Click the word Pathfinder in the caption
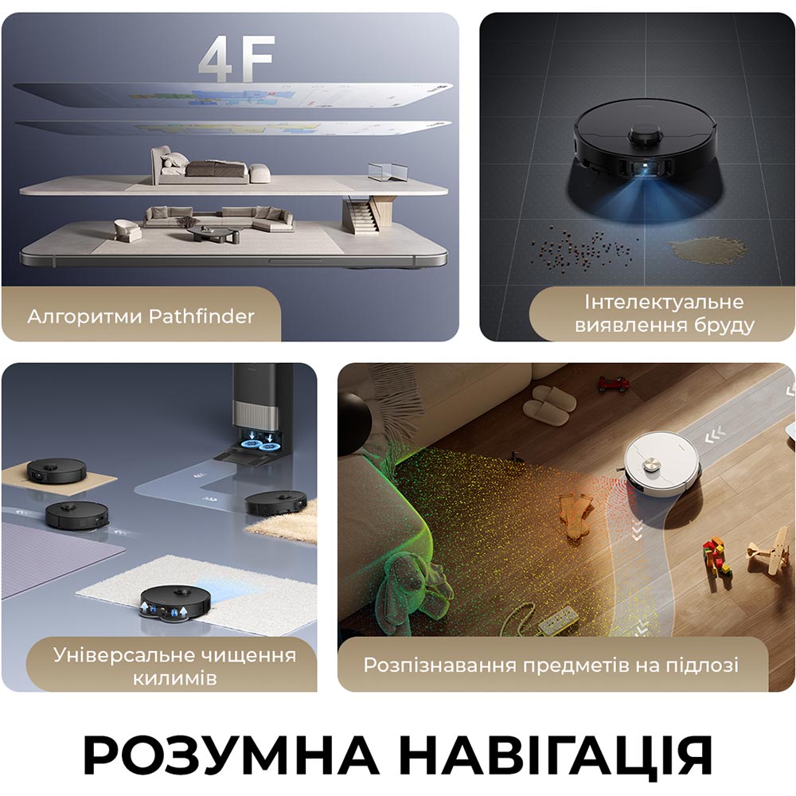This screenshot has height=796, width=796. tap(201, 316)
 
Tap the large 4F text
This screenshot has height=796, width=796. tap(237, 58)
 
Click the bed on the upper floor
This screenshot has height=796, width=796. tap(209, 167)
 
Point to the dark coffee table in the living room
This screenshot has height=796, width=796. tap(213, 234)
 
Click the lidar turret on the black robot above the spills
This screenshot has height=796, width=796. tap(646, 135)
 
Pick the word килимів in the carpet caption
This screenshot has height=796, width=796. tap(174, 678)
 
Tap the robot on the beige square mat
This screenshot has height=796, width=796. tap(57, 470)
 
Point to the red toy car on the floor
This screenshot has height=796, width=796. tap(613, 384)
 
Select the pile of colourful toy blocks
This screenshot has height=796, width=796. tap(717, 559)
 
